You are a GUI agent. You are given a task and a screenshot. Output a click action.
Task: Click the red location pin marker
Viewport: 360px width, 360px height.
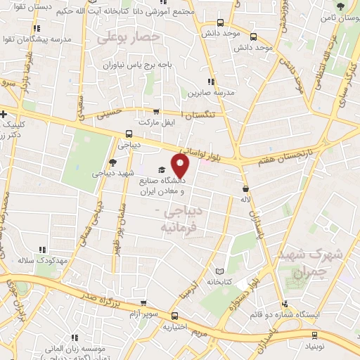pyautogui.click(x=181, y=166)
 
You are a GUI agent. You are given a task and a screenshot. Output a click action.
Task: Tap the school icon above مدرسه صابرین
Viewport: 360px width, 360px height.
pyautogui.click(x=211, y=82)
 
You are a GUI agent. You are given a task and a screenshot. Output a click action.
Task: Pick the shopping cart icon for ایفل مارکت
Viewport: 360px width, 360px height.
pyautogui.click(x=156, y=111)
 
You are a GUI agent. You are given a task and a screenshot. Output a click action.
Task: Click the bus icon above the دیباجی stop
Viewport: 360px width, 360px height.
pyautogui.click(x=128, y=134)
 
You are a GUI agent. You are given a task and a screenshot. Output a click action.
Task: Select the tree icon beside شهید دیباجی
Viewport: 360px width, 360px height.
pyautogui.click(x=112, y=162)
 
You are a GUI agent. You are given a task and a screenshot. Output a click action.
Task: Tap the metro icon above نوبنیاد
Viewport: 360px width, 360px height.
pyautogui.click(x=313, y=335)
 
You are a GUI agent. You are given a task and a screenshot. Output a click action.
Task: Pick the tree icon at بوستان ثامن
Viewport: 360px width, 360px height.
pyautogui.click(x=340, y=6)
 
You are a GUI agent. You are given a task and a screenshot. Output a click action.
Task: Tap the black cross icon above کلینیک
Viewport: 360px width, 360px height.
pyautogui.click(x=4, y=112)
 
